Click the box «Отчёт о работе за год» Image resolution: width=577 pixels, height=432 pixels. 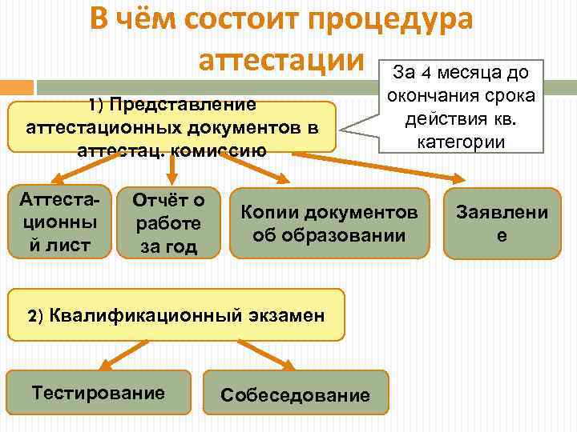[x=167, y=223]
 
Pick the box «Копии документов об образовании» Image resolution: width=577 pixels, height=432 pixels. [x=329, y=223]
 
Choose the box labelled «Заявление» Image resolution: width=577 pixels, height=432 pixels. [x=502, y=223]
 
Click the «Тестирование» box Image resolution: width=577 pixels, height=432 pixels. [x=99, y=392]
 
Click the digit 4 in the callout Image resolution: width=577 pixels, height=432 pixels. [x=427, y=74]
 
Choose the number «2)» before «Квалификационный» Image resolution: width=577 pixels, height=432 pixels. [x=36, y=315]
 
